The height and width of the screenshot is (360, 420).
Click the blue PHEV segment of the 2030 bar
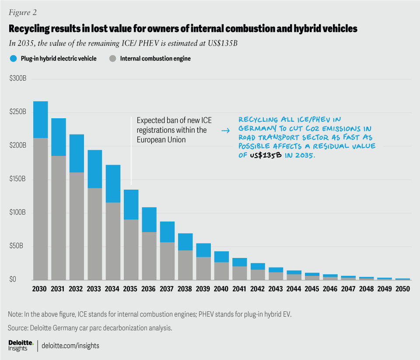pyautogui.click(x=41, y=120)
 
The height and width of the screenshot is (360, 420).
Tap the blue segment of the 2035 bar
pyautogui.click(x=130, y=205)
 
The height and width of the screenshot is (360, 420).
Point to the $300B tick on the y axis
pyautogui.click(x=17, y=79)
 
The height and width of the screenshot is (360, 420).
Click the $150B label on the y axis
pyautogui.click(x=17, y=179)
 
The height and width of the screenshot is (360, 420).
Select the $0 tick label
pyautogui.click(x=13, y=279)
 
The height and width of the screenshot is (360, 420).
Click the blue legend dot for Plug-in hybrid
pyautogui.click(x=12, y=58)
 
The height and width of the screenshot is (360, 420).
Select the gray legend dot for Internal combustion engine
pyautogui.click(x=113, y=58)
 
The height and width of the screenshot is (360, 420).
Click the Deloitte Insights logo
pyautogui.click(x=20, y=345)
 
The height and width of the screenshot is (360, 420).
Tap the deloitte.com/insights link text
pyautogui.click(x=70, y=346)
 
